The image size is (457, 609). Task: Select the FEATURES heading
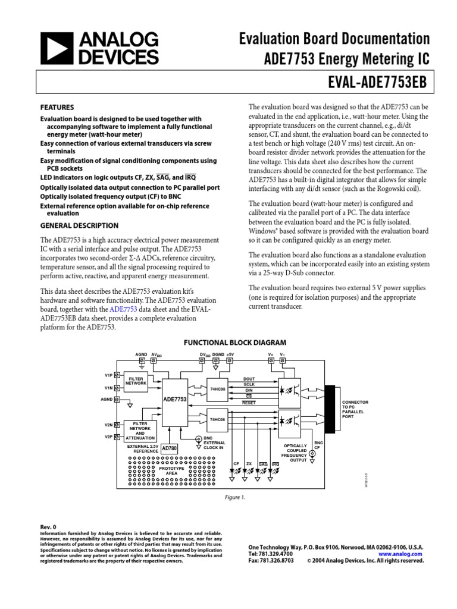pyautogui.click(x=57, y=108)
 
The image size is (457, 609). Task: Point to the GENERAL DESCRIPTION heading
pyautogui.click(x=79, y=225)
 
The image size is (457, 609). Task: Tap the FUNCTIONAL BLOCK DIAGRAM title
pyautogui.click(x=234, y=343)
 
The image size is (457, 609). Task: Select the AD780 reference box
pyautogui.click(x=170, y=448)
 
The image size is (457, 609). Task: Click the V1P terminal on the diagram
pyautogui.click(x=109, y=375)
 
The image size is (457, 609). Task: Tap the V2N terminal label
pyautogui.click(x=109, y=425)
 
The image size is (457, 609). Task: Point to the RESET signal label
pyautogui.click(x=248, y=403)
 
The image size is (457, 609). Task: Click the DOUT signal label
pyautogui.click(x=249, y=379)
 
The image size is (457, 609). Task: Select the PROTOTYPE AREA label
pyautogui.click(x=171, y=471)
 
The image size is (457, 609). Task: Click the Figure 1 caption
pyautogui.click(x=235, y=498)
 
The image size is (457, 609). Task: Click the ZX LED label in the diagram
pyautogui.click(x=249, y=463)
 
